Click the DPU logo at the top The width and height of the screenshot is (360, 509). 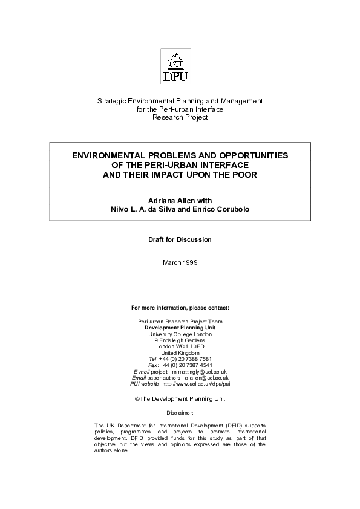tap(175, 66)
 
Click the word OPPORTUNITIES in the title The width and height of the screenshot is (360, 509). tap(250, 155)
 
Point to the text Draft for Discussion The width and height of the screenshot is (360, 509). tap(180, 240)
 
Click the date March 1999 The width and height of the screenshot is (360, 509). tap(180, 263)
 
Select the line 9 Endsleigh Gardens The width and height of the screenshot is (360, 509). tap(180, 322)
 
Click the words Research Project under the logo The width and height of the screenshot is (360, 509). tap(180, 117)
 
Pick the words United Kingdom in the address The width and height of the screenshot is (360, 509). tap(180, 335)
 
